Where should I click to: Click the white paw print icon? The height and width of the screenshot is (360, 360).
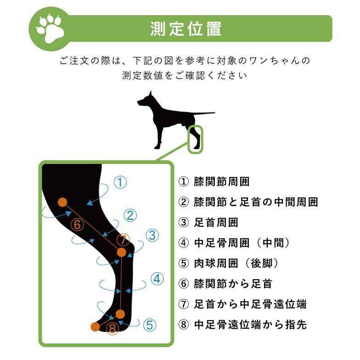tap(51, 28)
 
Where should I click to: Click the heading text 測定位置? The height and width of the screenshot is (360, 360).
tap(186, 28)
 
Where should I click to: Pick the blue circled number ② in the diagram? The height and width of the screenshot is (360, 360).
tap(130, 215)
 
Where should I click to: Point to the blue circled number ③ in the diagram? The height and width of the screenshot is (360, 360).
tap(152, 236)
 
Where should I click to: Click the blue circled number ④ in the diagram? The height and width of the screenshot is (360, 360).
tap(157, 278)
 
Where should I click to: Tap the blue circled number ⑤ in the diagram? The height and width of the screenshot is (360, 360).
tap(149, 325)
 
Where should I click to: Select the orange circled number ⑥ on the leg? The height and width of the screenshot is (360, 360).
tap(78, 225)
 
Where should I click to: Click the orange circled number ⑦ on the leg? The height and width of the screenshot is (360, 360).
tap(123, 240)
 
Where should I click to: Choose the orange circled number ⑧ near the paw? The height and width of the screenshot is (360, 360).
tap(112, 329)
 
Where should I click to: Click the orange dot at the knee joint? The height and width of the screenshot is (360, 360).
tap(63, 202)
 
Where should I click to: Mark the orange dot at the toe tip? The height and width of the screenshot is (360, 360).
tap(95, 326)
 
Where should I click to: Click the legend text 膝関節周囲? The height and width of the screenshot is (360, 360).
tap(222, 181)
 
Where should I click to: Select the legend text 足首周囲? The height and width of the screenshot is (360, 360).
tap(216, 223)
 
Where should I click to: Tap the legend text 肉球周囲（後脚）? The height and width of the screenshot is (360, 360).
tap(236, 264)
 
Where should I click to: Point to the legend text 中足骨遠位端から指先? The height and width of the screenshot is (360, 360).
tap(250, 325)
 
